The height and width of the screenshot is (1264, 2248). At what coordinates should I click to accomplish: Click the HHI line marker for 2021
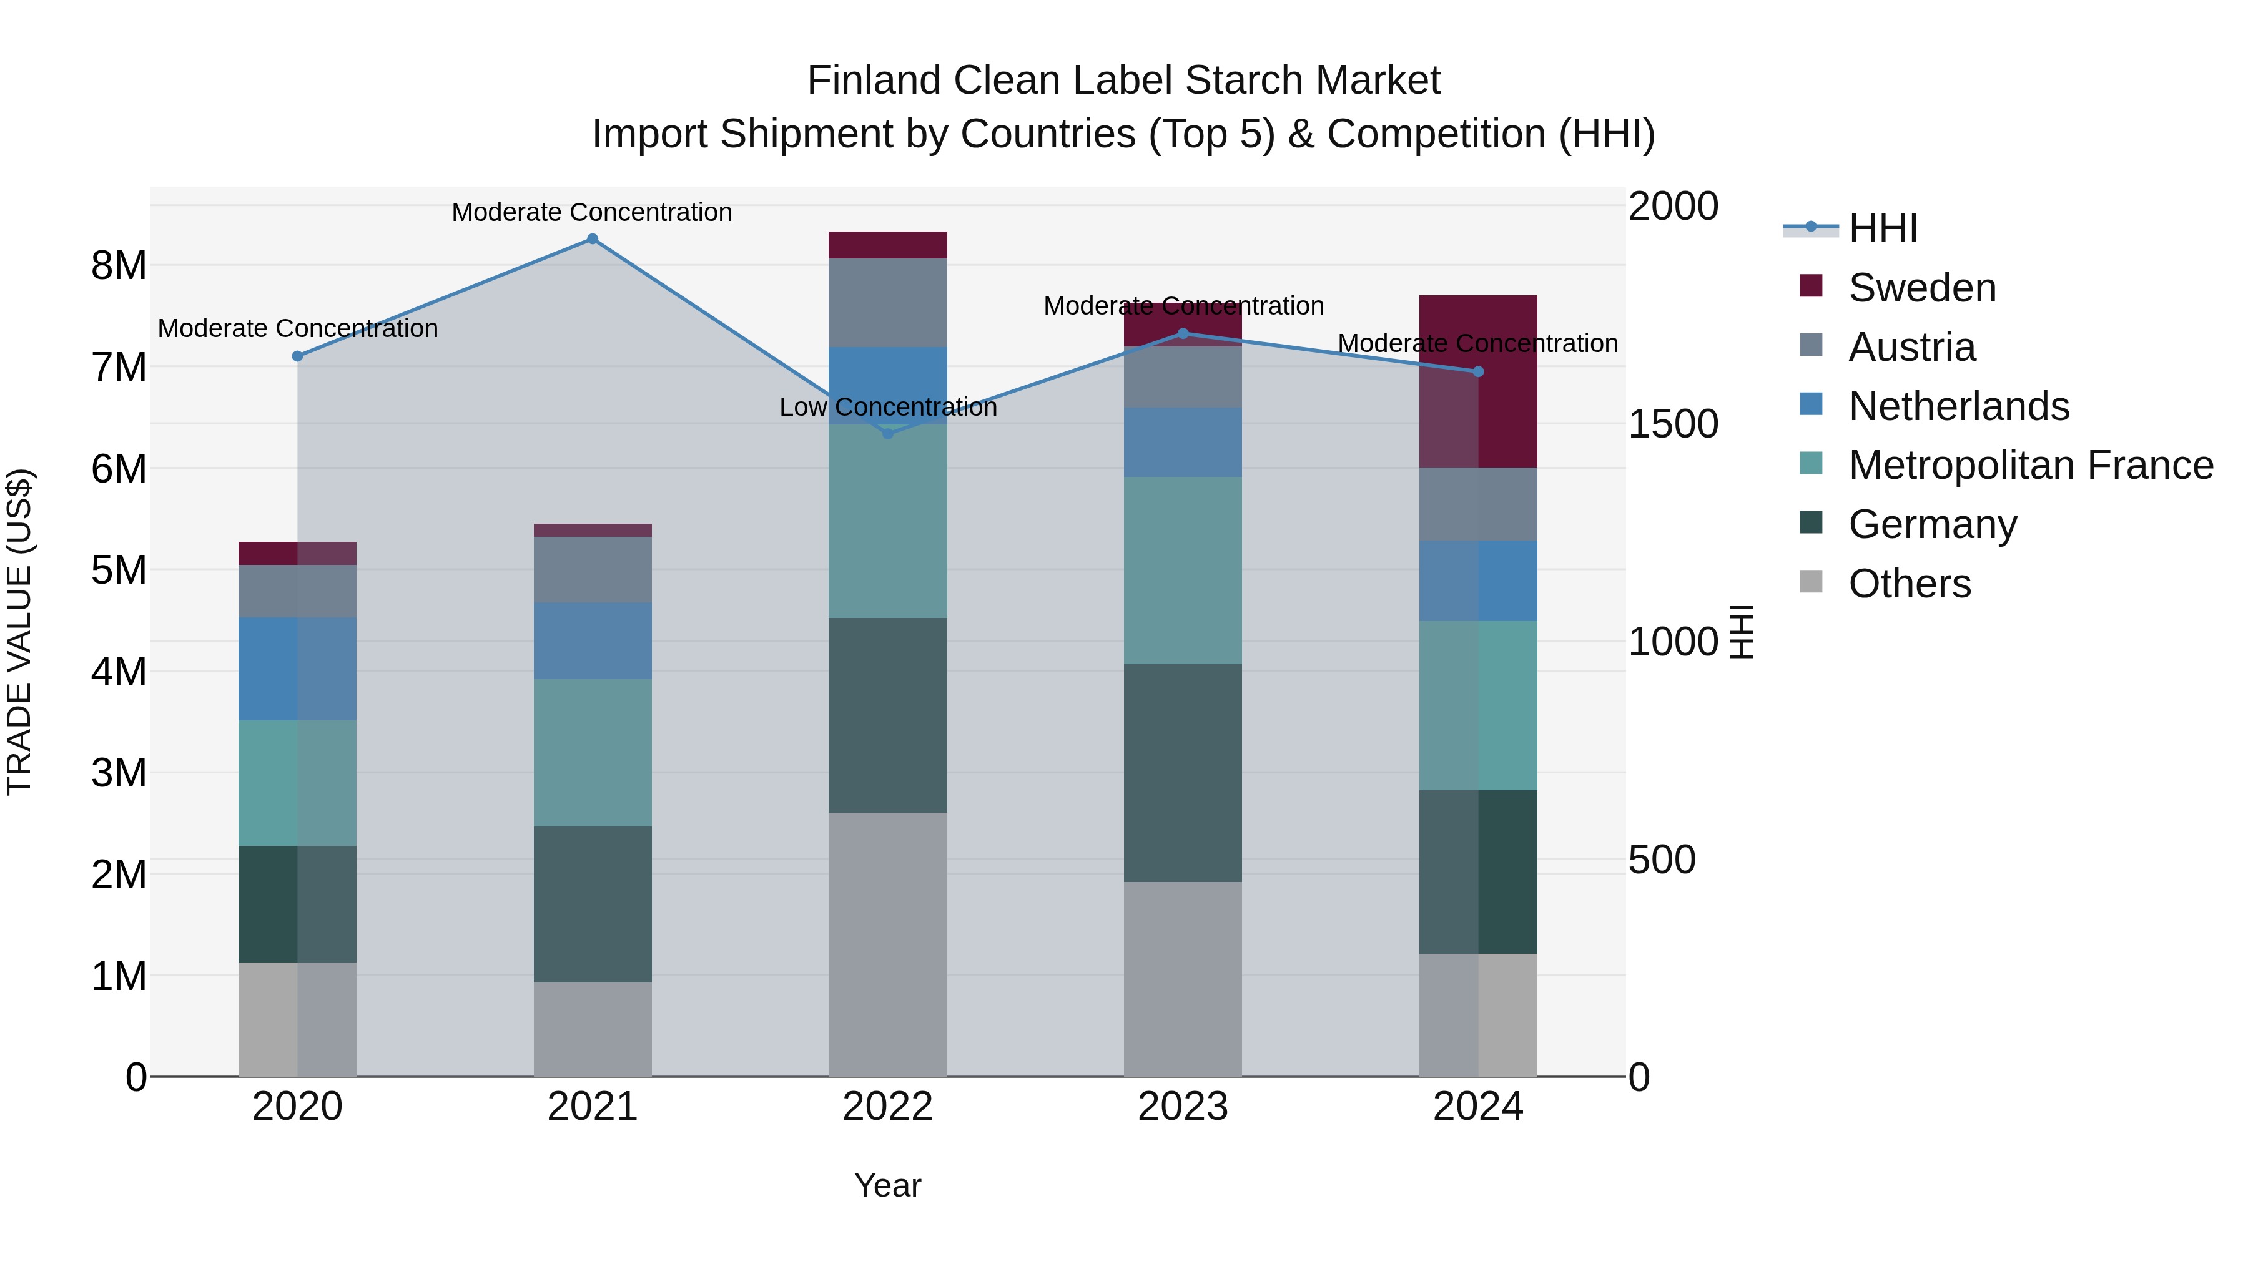(x=592, y=239)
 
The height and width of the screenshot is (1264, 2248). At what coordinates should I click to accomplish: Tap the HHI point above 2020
(x=298, y=356)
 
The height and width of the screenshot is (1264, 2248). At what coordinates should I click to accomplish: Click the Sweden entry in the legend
(x=1921, y=288)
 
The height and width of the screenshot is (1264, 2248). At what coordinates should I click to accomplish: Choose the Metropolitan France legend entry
(x=2031, y=465)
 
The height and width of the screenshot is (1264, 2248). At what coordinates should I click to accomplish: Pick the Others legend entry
(x=1910, y=584)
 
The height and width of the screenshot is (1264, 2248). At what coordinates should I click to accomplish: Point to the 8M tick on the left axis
(x=119, y=265)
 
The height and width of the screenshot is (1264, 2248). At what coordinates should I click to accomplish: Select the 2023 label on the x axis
(x=1183, y=1107)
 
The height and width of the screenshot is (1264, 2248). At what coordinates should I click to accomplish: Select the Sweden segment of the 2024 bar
(x=1477, y=381)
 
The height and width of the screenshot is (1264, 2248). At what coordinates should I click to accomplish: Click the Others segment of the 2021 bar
(x=592, y=1029)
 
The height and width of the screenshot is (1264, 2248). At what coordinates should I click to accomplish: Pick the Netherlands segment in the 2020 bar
(x=298, y=669)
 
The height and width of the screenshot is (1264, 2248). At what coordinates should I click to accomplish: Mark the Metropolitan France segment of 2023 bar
(x=1183, y=571)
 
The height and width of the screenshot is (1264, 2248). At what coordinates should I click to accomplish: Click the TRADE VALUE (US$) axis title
(x=19, y=632)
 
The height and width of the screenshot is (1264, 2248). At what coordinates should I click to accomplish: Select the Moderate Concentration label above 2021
(x=592, y=212)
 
